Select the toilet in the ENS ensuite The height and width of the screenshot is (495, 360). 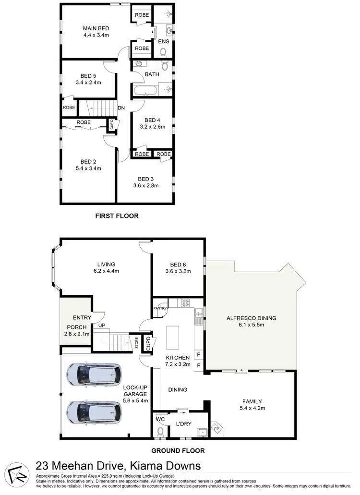coord(163,51)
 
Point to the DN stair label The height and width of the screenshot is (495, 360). coord(121,108)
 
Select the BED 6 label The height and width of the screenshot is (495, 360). coord(178,265)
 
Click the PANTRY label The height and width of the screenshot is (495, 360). coord(160,308)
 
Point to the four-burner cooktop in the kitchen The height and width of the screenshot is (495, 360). coord(185,303)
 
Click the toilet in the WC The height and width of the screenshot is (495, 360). coord(160,431)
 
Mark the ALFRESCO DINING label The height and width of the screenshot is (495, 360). coord(252,318)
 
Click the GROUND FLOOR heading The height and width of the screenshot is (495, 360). coord(178,451)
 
